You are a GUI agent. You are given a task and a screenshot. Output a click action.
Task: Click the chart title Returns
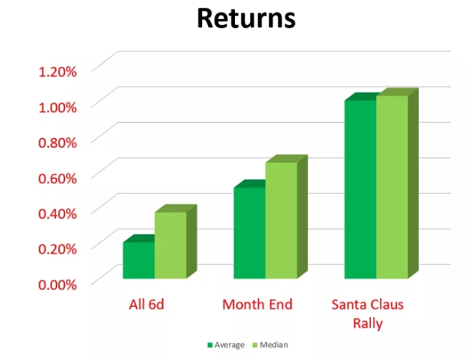coord(246,18)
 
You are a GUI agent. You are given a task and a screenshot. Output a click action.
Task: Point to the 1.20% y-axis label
coord(58,72)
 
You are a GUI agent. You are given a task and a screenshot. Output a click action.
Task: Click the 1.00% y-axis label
coord(58,107)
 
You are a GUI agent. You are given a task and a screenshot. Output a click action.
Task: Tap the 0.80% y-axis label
coord(58,143)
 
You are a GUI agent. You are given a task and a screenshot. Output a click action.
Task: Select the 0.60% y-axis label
coord(58,178)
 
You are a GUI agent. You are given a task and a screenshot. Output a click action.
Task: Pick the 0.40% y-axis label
coord(58,214)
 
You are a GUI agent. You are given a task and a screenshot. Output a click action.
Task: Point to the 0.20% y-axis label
coord(58,249)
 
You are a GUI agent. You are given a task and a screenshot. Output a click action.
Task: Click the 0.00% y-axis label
coord(58,284)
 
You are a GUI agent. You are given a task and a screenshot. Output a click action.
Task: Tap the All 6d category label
coord(146,305)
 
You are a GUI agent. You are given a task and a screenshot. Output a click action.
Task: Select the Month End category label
coord(257,305)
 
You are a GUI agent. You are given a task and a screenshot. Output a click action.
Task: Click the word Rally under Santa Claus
coord(368,324)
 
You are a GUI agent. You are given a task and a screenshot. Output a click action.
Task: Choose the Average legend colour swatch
coord(210,345)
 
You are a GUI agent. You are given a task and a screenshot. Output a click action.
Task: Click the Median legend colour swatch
coord(255,345)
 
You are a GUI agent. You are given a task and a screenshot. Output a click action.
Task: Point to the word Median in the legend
coord(274,345)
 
